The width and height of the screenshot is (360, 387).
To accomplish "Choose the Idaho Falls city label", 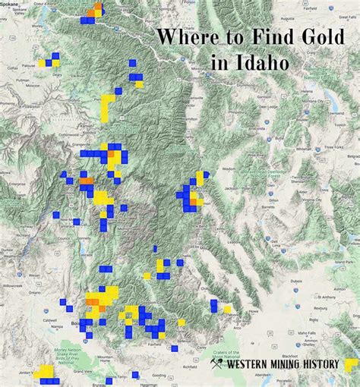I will [x=308, y=332].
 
